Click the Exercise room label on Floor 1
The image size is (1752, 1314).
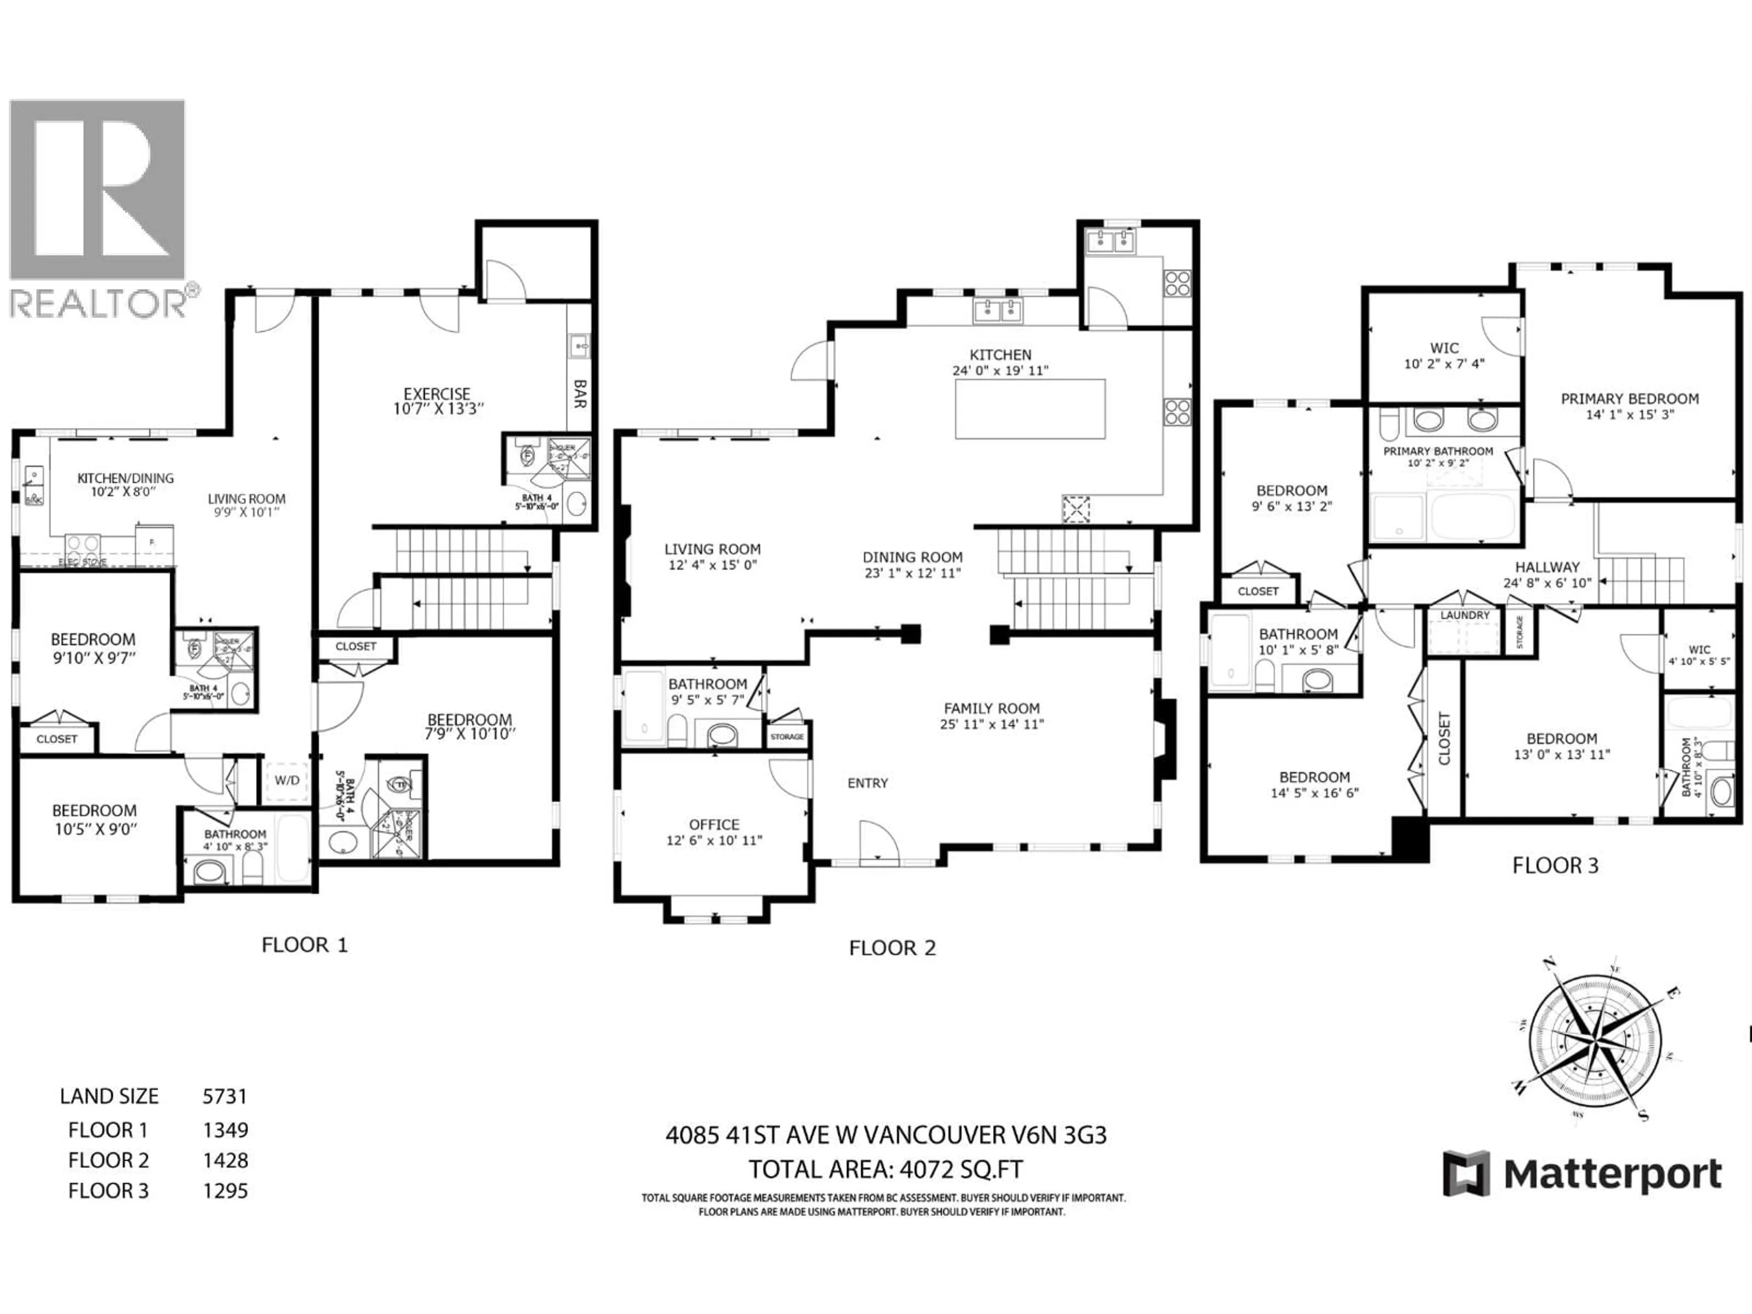click(x=437, y=394)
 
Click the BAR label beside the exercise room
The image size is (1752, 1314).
click(x=580, y=394)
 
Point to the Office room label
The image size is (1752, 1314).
click(x=714, y=824)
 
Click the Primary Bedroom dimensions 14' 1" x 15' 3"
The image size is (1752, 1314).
click(x=1629, y=414)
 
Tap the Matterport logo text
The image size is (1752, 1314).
click(x=1612, y=1174)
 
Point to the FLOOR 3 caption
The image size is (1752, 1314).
click(x=1555, y=866)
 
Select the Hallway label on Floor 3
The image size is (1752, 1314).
click(x=1547, y=567)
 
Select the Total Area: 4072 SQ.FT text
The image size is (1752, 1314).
click(x=886, y=1169)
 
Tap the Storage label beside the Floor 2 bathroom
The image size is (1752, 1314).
click(x=787, y=736)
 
